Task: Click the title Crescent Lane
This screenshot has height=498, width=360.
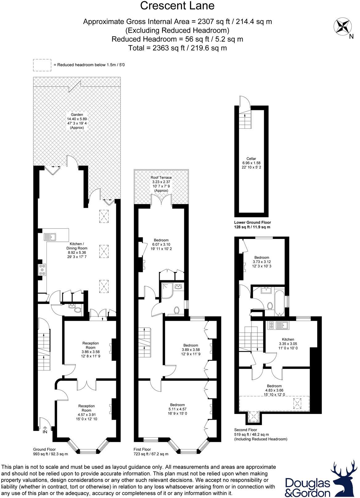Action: [177, 6]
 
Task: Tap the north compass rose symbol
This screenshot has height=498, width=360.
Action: [342, 26]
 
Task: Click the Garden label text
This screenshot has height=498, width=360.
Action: [77, 121]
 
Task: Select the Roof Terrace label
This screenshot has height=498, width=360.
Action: [161, 184]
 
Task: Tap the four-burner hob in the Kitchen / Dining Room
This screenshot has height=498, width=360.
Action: [42, 269]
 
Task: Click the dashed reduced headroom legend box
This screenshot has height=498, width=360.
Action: [42, 65]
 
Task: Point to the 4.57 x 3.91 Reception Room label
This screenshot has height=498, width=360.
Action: [86, 412]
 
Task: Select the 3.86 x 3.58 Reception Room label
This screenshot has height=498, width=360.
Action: [91, 349]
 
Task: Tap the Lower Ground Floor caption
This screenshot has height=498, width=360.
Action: [252, 225]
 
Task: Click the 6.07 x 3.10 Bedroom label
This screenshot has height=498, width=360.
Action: [161, 244]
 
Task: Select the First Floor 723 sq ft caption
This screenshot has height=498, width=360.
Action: [151, 452]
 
